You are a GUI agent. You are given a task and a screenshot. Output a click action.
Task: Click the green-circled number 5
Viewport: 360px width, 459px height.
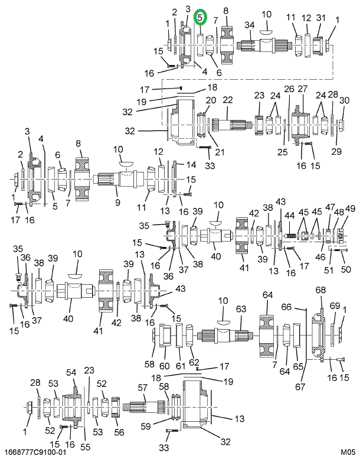(200, 17)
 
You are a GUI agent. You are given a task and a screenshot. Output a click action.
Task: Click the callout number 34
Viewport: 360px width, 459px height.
(250, 25)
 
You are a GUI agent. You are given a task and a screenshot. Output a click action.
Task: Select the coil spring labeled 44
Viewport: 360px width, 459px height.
(290, 235)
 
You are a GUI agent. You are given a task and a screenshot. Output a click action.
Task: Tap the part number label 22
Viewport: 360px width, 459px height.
(228, 99)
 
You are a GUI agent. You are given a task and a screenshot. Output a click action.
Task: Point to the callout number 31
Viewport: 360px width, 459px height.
(321, 18)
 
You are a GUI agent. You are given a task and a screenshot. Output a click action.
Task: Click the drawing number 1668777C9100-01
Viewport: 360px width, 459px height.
(35, 453)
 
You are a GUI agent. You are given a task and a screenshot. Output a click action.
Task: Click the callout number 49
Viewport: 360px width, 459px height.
(350, 209)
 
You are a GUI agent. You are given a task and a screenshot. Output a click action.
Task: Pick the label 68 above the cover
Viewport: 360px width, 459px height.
(320, 290)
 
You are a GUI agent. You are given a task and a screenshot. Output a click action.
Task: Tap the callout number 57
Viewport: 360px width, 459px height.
(142, 388)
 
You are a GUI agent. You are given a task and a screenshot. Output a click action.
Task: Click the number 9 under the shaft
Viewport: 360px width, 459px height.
(117, 202)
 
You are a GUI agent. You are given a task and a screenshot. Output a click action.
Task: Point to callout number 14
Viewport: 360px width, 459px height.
(191, 164)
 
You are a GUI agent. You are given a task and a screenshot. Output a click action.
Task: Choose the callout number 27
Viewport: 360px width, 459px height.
(303, 89)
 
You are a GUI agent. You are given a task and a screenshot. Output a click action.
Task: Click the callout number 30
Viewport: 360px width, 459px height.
(344, 100)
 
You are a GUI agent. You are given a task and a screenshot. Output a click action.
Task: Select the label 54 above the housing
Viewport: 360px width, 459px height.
(71, 372)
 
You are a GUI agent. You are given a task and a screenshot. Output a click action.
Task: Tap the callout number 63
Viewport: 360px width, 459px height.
(241, 309)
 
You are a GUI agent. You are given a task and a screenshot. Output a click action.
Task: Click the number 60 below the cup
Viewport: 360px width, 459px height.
(164, 366)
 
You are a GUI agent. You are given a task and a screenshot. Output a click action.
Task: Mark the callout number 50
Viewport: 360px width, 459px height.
(346, 269)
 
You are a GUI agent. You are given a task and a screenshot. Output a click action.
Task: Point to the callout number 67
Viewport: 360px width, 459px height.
(300, 387)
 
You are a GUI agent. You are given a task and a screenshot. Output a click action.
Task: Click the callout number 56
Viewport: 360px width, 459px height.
(119, 432)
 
